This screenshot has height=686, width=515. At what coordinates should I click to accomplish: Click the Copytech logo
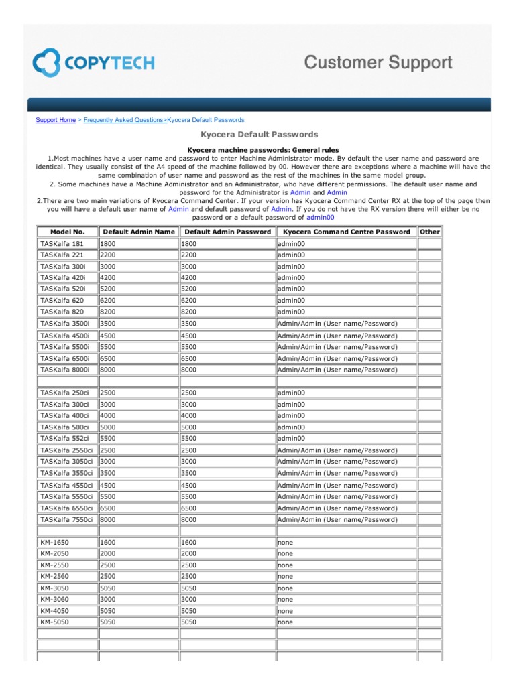point(94,64)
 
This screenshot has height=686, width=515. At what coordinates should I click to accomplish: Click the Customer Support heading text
point(378,63)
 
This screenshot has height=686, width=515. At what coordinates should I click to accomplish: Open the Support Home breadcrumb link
point(56,120)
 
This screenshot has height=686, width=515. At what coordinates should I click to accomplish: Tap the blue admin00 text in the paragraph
point(320,217)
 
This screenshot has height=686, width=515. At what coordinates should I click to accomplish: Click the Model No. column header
point(67,232)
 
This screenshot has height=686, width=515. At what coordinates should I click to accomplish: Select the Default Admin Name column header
point(139,232)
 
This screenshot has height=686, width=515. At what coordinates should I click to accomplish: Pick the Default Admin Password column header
point(228,232)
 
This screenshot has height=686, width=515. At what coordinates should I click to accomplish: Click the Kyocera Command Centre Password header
point(346,232)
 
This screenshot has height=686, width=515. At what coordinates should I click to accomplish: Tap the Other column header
point(429,232)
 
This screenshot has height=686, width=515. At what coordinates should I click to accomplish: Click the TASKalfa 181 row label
point(62,244)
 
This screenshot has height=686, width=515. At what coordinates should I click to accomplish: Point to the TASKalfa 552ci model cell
point(64,438)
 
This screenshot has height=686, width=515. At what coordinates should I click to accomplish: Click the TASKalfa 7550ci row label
point(66,519)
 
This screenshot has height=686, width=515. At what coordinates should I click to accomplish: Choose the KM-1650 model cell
point(54,542)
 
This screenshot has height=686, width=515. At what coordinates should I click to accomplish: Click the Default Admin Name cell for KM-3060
point(138,600)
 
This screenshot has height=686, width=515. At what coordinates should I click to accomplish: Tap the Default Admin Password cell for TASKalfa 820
point(227,312)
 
